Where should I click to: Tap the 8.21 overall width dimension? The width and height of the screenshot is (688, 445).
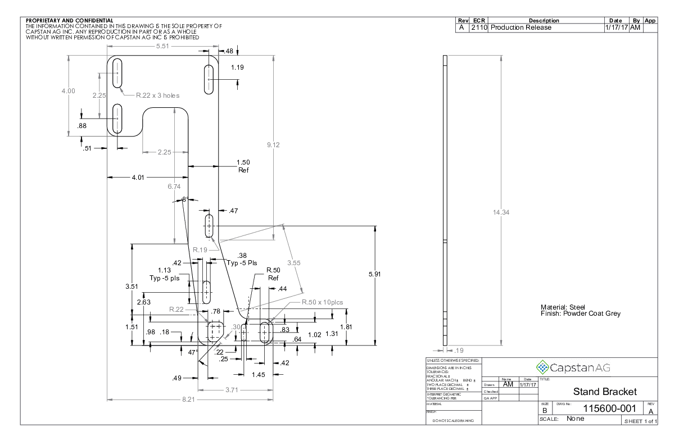[x=190, y=399]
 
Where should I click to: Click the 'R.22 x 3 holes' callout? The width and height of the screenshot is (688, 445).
[x=158, y=96]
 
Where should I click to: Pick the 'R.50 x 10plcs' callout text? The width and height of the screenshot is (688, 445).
[x=322, y=302]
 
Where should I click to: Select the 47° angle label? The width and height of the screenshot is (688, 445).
[x=193, y=352]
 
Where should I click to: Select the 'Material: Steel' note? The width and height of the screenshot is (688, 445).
[x=563, y=307]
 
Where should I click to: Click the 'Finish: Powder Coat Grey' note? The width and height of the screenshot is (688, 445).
[x=580, y=314]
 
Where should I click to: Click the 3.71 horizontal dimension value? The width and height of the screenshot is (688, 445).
[x=236, y=389]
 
